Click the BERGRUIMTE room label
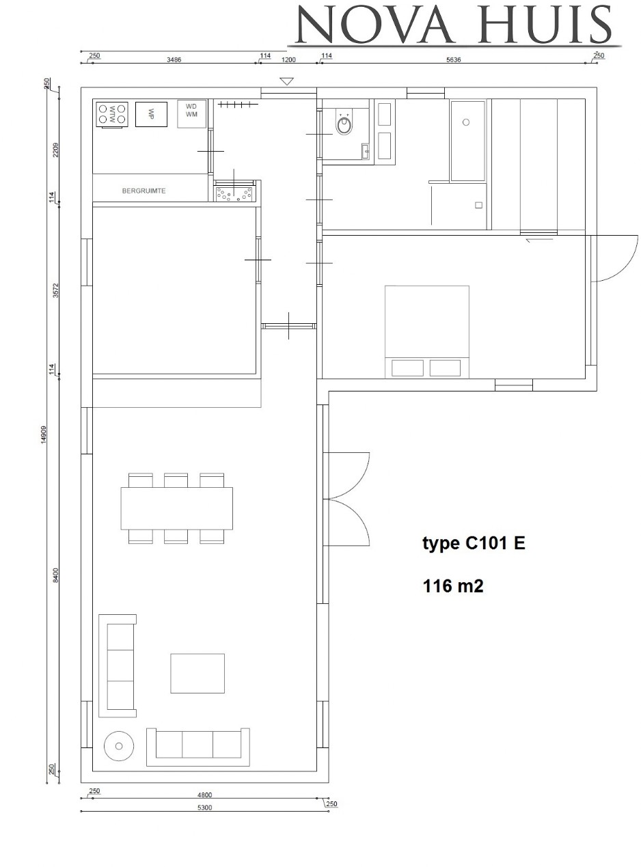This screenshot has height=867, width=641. click(x=144, y=191)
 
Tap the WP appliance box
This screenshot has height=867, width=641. click(x=152, y=114)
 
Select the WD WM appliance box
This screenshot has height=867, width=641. click(x=191, y=113)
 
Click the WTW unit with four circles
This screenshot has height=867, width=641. click(x=112, y=113)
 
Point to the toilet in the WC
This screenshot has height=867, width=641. click(x=344, y=124)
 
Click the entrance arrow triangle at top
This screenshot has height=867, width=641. click(x=286, y=81)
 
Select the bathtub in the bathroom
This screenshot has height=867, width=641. click(x=467, y=141)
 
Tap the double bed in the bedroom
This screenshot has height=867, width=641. click(x=427, y=331)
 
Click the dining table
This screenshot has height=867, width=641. click(x=176, y=508)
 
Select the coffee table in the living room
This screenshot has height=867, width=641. click(x=197, y=673)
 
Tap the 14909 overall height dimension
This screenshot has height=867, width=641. click(x=44, y=435)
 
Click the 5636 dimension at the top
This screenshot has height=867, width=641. click(x=453, y=59)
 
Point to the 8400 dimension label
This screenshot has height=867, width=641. click(x=56, y=575)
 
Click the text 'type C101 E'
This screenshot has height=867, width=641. click(x=474, y=544)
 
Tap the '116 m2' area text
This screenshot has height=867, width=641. click(x=453, y=586)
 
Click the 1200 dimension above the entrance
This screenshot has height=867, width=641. click(x=288, y=59)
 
